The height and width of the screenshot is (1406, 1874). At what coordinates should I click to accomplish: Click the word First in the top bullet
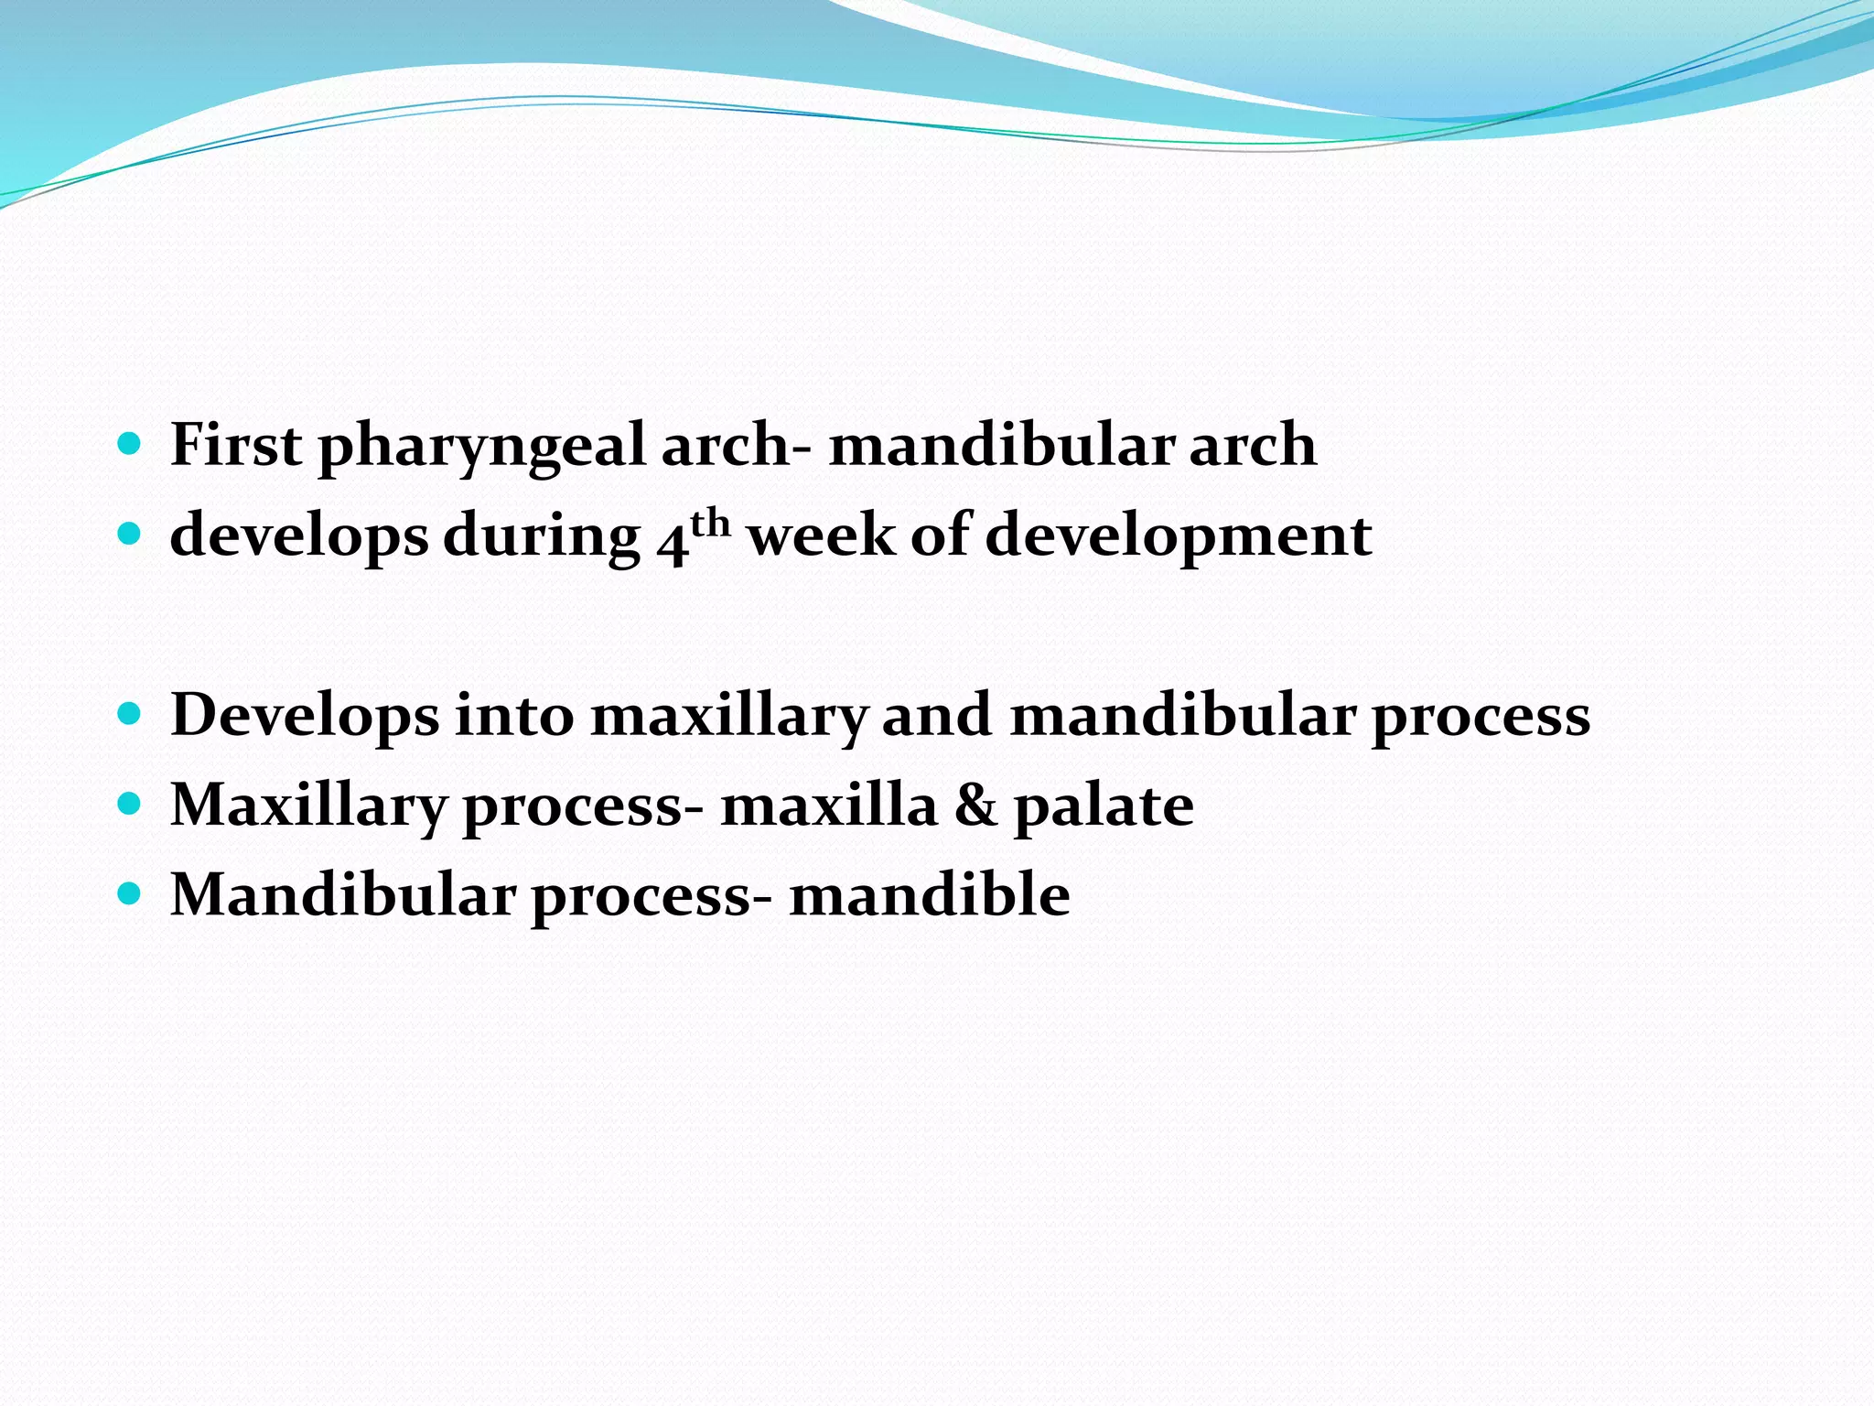(x=235, y=446)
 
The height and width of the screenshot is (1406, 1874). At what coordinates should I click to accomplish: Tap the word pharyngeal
(x=481, y=446)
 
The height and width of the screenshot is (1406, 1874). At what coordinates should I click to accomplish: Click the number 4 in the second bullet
(x=672, y=540)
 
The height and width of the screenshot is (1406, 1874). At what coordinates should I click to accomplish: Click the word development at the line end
(x=1178, y=535)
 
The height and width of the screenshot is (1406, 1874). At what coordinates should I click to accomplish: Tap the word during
(x=542, y=536)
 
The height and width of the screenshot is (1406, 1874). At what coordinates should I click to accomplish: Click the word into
(x=514, y=714)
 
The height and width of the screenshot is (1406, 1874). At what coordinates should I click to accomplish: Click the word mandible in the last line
(x=930, y=894)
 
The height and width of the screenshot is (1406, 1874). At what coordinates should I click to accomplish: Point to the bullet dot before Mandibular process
(x=130, y=893)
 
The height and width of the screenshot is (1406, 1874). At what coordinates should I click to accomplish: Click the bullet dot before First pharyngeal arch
(x=130, y=445)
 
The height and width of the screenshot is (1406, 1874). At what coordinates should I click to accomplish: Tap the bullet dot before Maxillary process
(x=130, y=804)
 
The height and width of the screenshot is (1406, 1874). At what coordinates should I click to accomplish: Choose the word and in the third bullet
(x=936, y=714)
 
